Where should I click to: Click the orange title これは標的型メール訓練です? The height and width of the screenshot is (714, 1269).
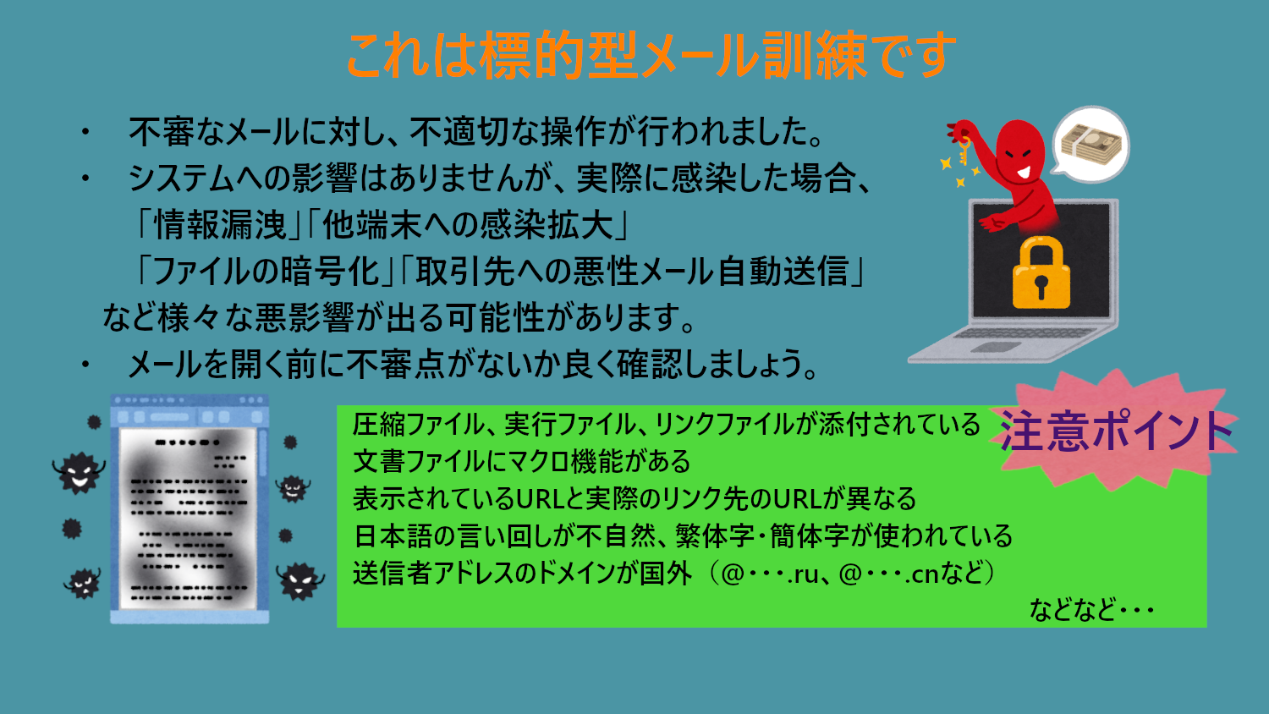click(x=651, y=55)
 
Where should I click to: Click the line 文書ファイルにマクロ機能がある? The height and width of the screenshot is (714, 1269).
click(x=522, y=461)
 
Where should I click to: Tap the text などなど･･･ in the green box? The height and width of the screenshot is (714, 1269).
click(x=1091, y=610)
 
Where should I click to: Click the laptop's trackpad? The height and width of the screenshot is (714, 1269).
click(x=996, y=347)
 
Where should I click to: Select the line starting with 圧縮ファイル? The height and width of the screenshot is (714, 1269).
click(x=667, y=424)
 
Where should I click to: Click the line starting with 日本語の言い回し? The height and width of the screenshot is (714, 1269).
click(x=683, y=536)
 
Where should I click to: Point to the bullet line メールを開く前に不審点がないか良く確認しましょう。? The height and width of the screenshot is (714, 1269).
click(x=473, y=364)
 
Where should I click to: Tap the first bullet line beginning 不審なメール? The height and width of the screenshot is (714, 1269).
click(x=475, y=131)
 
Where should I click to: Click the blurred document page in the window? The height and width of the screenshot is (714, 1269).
click(x=188, y=519)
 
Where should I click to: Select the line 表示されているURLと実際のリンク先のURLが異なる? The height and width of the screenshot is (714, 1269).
click(x=634, y=498)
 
